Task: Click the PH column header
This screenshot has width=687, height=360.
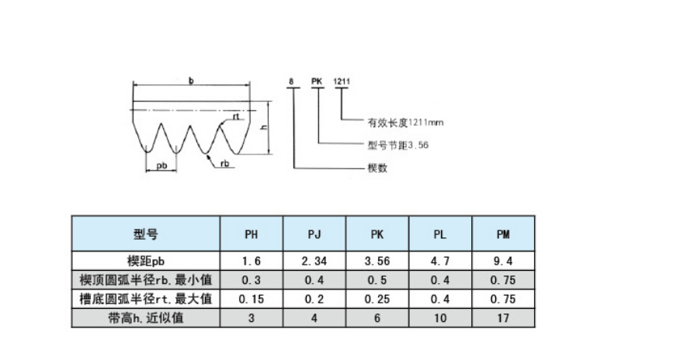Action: tap(251, 234)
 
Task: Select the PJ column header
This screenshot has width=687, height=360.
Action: tap(314, 234)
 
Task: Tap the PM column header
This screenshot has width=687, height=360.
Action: tap(503, 234)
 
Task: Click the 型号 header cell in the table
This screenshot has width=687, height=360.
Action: tap(145, 234)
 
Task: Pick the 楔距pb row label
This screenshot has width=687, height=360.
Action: tap(145, 261)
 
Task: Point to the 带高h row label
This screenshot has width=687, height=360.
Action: tap(145, 317)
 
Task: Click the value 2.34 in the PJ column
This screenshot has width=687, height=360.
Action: tap(314, 261)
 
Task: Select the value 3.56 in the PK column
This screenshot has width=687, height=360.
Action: tap(377, 261)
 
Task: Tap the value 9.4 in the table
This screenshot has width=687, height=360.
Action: tap(503, 261)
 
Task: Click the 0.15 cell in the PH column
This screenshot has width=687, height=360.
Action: tap(251, 299)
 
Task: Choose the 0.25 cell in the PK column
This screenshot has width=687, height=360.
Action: tap(377, 299)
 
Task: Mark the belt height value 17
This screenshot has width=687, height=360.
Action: tap(503, 318)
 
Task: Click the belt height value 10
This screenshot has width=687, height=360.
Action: tap(440, 318)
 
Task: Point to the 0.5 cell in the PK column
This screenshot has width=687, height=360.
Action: tap(377, 280)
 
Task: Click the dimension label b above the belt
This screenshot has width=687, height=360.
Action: tap(191, 81)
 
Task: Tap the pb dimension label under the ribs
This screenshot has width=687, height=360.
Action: tap(161, 166)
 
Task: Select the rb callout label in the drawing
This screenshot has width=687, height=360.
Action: tap(224, 164)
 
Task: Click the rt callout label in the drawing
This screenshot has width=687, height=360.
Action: tap(236, 117)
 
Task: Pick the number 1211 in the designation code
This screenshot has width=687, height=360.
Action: tap(342, 81)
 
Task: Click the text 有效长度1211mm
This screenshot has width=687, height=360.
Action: tap(405, 123)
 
